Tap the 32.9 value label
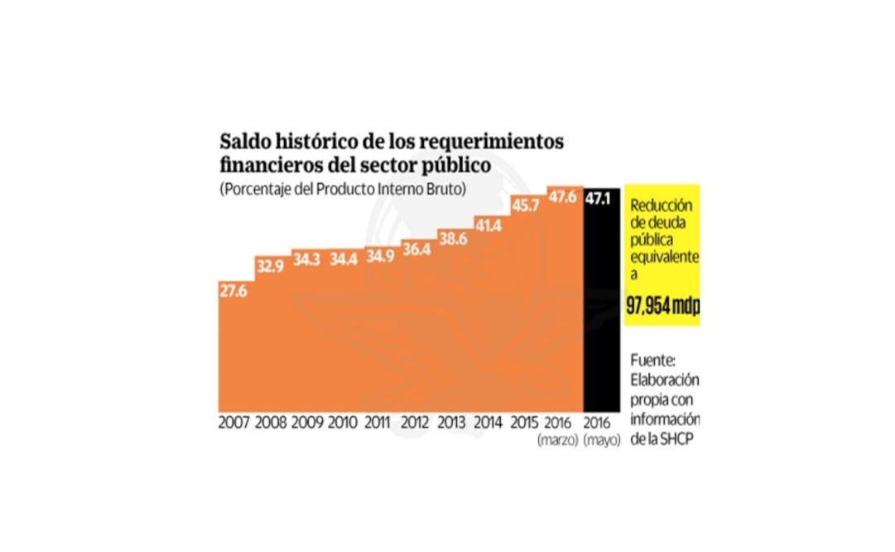click(270, 266)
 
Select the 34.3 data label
click(306, 259)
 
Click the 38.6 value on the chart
click(453, 238)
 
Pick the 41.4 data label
click(489, 223)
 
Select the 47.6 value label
click(562, 197)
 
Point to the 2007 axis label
click(234, 422)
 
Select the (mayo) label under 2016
click(601, 439)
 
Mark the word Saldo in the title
click(244, 141)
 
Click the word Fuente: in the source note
click(654, 361)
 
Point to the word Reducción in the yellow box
click(660, 206)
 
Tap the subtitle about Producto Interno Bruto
click(343, 189)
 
